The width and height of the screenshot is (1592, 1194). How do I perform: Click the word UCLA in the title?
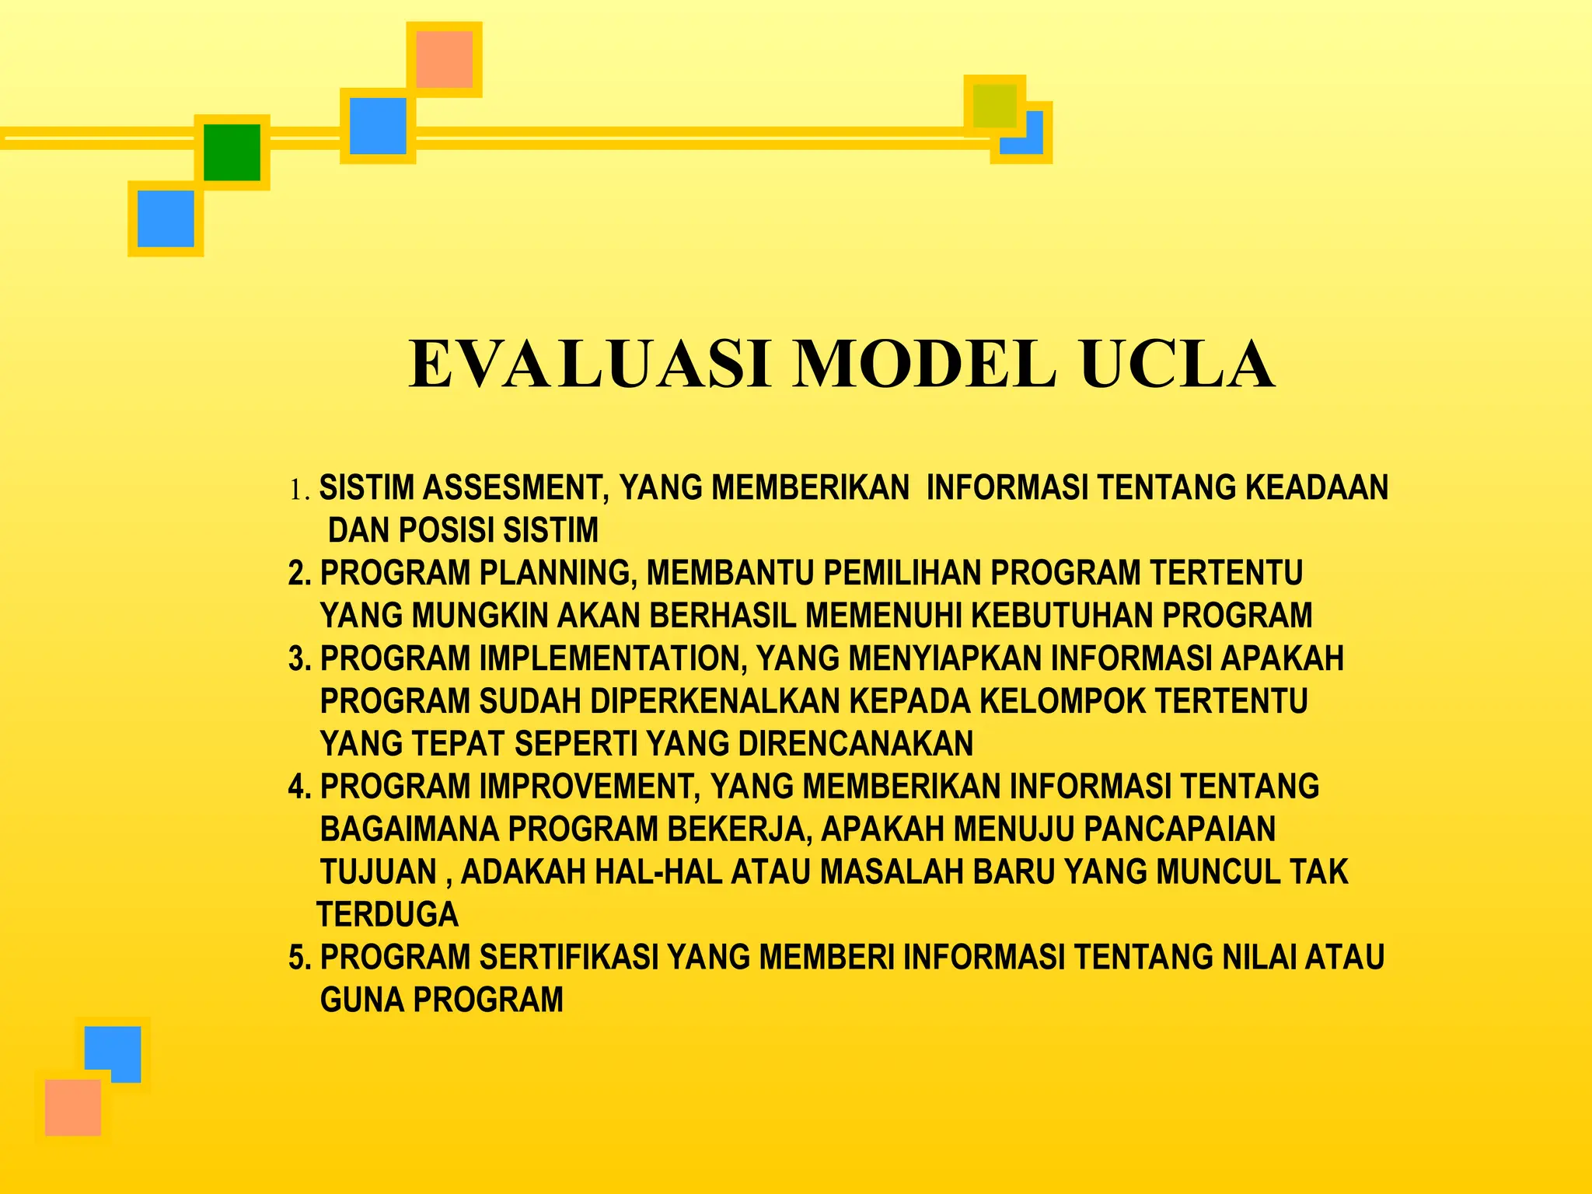click(1177, 364)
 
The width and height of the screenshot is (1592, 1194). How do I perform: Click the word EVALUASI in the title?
click(589, 364)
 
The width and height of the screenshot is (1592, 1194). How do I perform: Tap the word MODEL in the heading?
click(924, 364)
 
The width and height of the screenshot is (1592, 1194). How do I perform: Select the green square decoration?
click(232, 152)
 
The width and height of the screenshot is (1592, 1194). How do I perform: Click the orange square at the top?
click(444, 59)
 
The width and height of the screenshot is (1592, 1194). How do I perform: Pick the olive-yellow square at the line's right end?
click(994, 106)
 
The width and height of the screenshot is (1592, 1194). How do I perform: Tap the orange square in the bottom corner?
click(73, 1107)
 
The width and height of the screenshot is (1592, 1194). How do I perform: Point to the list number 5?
click(298, 957)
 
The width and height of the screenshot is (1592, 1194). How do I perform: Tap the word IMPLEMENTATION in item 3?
click(613, 658)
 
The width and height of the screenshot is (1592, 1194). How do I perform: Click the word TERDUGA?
click(387, 914)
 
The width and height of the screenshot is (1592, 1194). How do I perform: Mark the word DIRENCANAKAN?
click(855, 744)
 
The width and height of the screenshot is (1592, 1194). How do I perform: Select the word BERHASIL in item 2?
click(723, 616)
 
